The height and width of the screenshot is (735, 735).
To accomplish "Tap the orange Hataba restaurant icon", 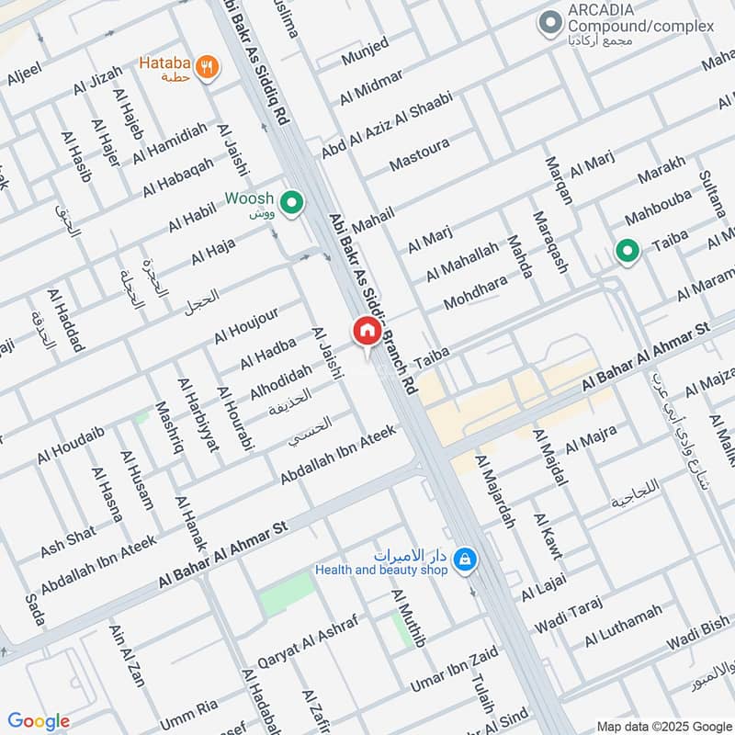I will point(207,66).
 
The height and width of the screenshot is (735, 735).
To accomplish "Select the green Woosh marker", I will point(292,203).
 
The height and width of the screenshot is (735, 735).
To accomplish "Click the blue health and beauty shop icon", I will point(466,559).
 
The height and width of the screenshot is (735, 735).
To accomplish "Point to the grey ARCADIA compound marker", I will point(550,21).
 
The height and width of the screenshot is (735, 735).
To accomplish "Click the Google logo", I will point(39,721).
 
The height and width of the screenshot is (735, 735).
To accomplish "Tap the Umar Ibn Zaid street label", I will point(454,671).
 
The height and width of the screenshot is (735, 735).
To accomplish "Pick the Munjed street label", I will point(365,51).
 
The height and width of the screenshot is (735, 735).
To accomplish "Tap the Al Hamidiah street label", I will point(169,144).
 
